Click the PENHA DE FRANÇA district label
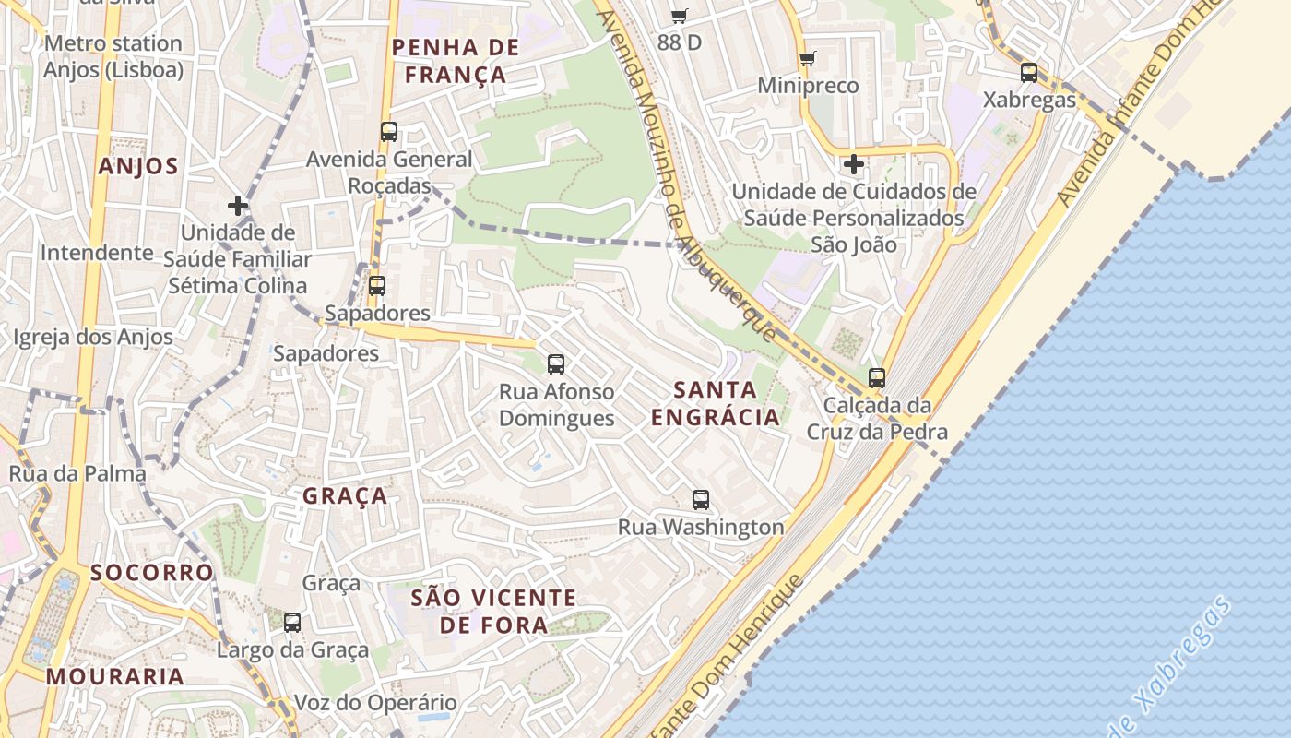click(x=456, y=61)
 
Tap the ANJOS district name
click(x=137, y=166)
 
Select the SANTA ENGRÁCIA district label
click(x=716, y=403)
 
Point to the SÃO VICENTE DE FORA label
click(x=493, y=612)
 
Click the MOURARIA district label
click(x=115, y=676)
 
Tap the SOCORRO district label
click(x=152, y=573)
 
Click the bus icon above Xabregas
click(x=1029, y=72)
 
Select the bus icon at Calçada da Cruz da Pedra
click(x=877, y=377)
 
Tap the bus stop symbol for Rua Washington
click(x=701, y=500)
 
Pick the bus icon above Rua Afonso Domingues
click(x=556, y=364)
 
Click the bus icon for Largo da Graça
click(x=292, y=623)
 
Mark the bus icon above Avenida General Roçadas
click(x=389, y=132)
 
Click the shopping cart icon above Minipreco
click(x=808, y=59)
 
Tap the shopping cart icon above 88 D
click(x=680, y=15)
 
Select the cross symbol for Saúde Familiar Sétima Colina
click(x=238, y=206)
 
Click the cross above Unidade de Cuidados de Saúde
click(x=854, y=165)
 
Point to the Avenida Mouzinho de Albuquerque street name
click(x=687, y=175)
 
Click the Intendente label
click(x=97, y=253)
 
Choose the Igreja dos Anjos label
click(x=93, y=338)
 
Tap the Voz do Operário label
click(x=375, y=703)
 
